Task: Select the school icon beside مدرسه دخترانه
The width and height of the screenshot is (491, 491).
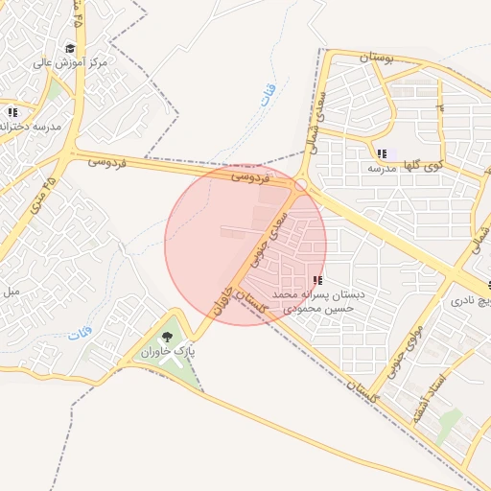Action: click(12, 112)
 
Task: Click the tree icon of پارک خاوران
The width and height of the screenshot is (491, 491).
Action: click(168, 337)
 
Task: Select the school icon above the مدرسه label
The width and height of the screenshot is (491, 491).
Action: click(382, 153)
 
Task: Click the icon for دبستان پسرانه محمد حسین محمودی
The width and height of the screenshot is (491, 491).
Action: click(317, 280)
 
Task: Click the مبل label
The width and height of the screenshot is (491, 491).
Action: click(11, 290)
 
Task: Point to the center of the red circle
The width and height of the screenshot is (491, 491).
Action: click(245, 245)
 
